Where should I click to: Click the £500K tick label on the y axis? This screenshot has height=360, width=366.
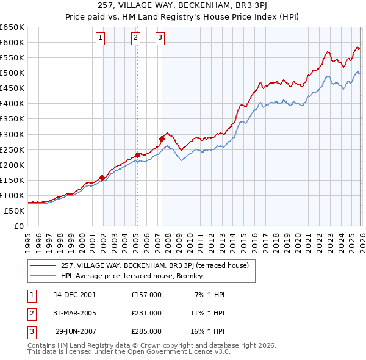coord(12,73)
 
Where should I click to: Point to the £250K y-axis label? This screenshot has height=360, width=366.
coord(12,149)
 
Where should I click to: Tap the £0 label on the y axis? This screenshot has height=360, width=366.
coord(18,226)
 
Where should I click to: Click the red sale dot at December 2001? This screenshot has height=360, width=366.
coord(102,178)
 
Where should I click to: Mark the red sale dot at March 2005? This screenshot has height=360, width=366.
coord(137,155)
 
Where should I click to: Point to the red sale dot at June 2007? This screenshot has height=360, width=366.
coord(162,139)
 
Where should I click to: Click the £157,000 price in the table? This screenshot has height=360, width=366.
coord(146,295)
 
